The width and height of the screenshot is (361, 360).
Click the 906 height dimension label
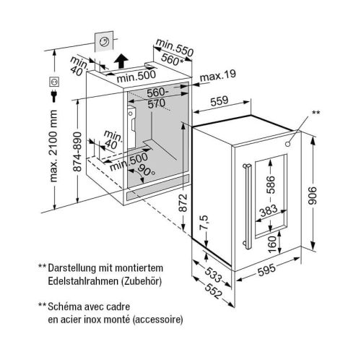click(x=313, y=196)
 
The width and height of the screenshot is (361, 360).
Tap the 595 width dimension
click(x=266, y=270)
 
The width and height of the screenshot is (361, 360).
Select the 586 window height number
click(x=271, y=185)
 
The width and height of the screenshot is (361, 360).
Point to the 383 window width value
click(x=269, y=210)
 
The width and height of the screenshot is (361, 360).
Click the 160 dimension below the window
click(x=272, y=244)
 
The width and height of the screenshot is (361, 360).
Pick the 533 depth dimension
click(x=213, y=275)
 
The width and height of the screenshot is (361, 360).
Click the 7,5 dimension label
click(x=204, y=223)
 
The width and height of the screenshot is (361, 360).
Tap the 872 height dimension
click(x=183, y=202)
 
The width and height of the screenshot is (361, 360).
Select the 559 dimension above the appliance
click(x=219, y=101)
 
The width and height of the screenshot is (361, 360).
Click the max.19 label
click(x=218, y=76)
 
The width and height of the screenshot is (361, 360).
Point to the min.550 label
click(x=175, y=47)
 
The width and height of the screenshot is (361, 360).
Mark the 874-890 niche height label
click(x=77, y=152)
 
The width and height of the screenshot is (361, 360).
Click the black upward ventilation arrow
click(x=121, y=61)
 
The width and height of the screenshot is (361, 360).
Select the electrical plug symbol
click(x=54, y=96)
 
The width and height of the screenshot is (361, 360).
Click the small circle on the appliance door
click(x=287, y=144)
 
